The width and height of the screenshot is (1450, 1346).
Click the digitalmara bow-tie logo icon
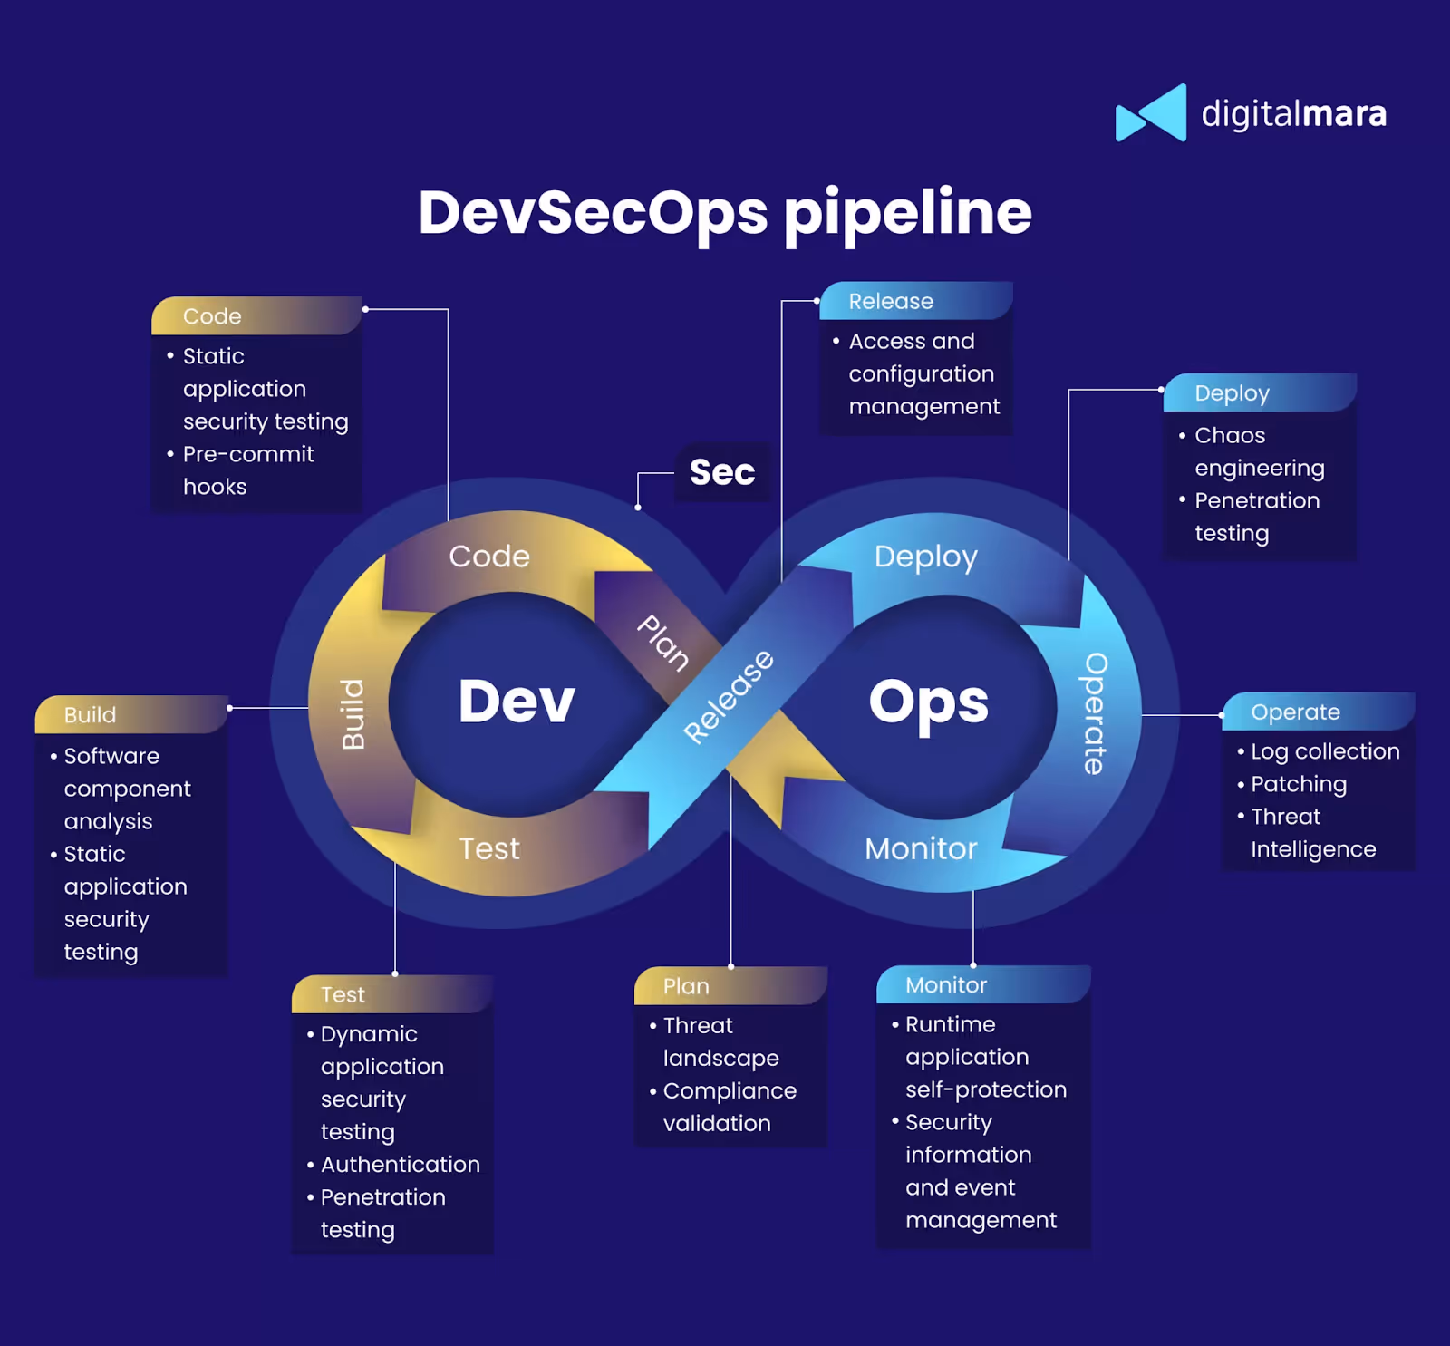[1151, 113]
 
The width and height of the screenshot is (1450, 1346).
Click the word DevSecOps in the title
[593, 214]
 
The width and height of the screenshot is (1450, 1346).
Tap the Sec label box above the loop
[722, 472]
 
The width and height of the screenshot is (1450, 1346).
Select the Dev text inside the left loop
[517, 702]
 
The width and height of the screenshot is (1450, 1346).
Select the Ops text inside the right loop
[928, 702]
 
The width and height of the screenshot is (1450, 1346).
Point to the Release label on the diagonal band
[729, 696]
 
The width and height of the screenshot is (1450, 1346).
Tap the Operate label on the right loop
[1095, 713]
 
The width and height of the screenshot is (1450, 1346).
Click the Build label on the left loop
[353, 714]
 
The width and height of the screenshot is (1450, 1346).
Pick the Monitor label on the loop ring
[921, 848]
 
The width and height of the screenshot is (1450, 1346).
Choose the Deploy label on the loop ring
[925, 557]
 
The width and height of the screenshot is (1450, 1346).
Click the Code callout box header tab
[256, 316]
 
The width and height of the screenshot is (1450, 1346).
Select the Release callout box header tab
[915, 301]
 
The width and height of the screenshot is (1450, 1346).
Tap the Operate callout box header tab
[1318, 712]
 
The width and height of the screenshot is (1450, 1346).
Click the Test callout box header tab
[391, 994]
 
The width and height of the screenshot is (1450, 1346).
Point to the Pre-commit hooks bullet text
[248, 470]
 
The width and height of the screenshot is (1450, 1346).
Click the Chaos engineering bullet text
[1259, 451]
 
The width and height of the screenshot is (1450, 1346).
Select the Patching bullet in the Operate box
[1298, 784]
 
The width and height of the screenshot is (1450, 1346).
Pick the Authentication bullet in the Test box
[400, 1165]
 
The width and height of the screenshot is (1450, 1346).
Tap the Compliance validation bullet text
[729, 1107]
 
